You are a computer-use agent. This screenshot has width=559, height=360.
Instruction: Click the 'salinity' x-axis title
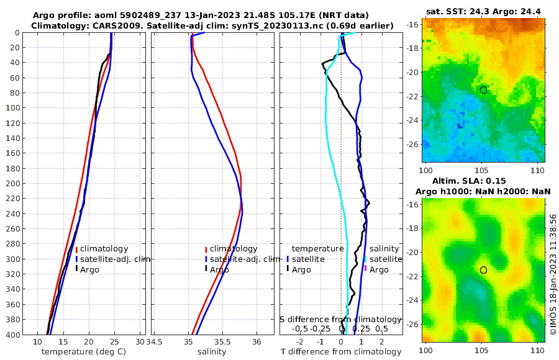(x=211, y=352)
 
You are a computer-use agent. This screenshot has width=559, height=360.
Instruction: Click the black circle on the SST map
(x=483, y=90)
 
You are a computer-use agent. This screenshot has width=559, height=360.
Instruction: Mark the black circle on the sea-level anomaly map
(x=483, y=270)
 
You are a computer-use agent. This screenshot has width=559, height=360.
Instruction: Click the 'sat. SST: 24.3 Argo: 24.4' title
(x=484, y=11)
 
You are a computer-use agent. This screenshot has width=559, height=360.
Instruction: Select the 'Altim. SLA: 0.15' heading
(x=484, y=181)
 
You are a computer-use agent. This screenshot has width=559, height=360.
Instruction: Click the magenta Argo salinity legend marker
(x=365, y=269)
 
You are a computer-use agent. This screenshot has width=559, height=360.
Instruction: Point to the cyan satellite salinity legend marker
(x=365, y=259)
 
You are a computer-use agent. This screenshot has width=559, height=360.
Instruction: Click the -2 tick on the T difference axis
(x=301, y=342)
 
